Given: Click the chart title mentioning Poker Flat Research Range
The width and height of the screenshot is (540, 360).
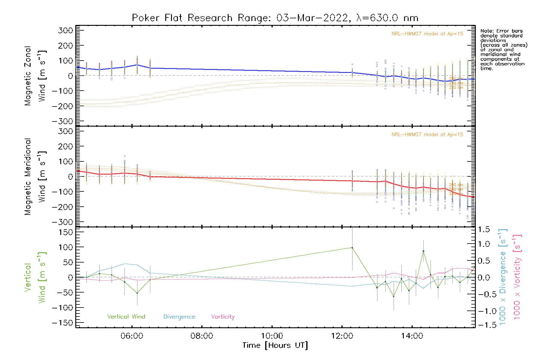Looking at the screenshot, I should pos(275,18).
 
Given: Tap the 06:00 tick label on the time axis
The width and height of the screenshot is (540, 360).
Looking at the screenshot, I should pos(132,336).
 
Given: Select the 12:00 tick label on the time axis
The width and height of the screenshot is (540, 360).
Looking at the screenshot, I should pos(342,336).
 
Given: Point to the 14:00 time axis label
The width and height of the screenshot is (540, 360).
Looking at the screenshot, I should pos(412,336).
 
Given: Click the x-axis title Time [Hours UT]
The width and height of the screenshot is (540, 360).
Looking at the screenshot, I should pos(275,345).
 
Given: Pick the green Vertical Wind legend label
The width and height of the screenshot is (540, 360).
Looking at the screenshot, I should pos(126,317).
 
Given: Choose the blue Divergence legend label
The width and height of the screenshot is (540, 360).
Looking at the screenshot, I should pos(179,317).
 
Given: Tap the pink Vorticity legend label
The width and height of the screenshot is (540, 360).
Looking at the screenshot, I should pos(223,317).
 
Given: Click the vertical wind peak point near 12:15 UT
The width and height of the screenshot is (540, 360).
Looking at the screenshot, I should pos(352,248).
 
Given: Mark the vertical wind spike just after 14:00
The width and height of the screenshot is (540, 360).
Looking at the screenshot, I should pos(423,251).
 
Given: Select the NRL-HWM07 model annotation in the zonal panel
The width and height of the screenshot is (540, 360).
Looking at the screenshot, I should pos(427,34).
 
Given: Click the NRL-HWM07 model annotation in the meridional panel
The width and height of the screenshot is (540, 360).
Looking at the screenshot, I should pos(427,135).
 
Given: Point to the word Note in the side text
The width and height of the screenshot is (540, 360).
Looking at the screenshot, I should pos(486,31).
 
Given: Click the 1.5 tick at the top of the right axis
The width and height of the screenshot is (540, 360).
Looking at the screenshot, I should pos(484,229).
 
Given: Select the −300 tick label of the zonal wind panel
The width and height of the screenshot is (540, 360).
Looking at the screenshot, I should pos(62,121).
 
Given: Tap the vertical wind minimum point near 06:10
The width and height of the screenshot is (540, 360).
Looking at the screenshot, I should pos(137,293).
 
